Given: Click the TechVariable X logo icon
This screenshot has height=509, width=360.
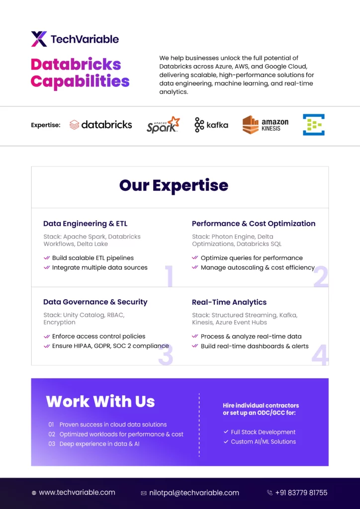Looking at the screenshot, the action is pyautogui.click(x=39, y=39).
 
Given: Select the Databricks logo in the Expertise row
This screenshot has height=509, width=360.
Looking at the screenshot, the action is pyautogui.click(x=100, y=125).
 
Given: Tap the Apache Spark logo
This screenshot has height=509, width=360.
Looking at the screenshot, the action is pyautogui.click(x=163, y=125).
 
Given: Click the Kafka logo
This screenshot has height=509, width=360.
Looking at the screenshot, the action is pyautogui.click(x=211, y=125).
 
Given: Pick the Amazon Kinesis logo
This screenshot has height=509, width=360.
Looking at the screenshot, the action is pyautogui.click(x=265, y=125).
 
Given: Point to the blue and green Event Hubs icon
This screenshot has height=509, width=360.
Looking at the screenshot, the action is pyautogui.click(x=314, y=125).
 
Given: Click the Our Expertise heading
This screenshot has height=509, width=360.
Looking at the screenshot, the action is pyautogui.click(x=174, y=185).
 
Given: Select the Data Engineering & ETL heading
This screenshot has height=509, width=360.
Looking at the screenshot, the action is pyautogui.click(x=86, y=224).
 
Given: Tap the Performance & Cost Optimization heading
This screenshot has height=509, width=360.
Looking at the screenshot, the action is pyautogui.click(x=254, y=224).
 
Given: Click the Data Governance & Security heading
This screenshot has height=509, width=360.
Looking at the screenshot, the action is pyautogui.click(x=95, y=302).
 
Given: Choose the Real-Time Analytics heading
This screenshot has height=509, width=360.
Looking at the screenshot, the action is pyautogui.click(x=229, y=302).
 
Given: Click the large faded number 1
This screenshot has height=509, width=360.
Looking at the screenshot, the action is pyautogui.click(x=169, y=276).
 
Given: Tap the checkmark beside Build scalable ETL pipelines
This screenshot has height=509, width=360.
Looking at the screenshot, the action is pyautogui.click(x=47, y=258).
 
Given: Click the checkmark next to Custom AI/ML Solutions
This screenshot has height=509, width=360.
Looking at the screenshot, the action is pyautogui.click(x=226, y=441).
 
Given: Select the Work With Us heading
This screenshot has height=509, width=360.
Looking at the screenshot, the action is pyautogui.click(x=100, y=401).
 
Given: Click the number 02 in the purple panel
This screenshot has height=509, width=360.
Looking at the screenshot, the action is pyautogui.click(x=52, y=434).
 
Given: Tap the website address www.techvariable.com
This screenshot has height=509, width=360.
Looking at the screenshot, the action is pyautogui.click(x=77, y=493).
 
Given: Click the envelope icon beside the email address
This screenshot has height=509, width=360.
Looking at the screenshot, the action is pyautogui.click(x=144, y=493).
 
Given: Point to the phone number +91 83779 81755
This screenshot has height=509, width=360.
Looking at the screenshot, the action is pyautogui.click(x=301, y=493).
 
